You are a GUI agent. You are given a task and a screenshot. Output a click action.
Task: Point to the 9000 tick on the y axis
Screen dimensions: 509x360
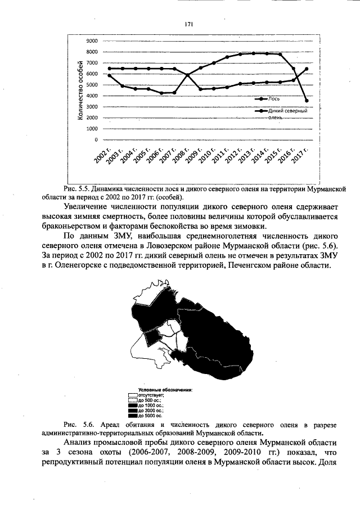coord(92,41)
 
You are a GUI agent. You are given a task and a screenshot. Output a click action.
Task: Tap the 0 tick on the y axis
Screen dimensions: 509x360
coord(96,139)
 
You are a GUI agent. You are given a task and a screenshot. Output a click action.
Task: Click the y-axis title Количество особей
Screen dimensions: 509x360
coord(80,90)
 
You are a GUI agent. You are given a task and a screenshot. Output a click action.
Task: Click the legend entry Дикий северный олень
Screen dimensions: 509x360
coord(287,114)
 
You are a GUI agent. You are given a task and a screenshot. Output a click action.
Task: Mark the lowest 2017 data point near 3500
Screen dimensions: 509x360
coord(307,101)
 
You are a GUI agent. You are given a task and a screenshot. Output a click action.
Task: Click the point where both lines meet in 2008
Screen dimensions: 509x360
coord(188,75)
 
